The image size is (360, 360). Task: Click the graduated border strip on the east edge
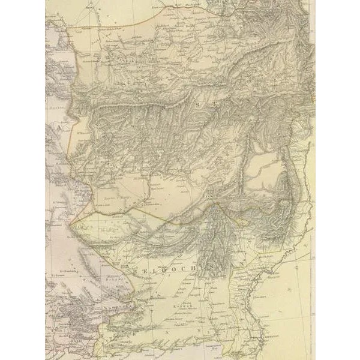pyautogui.click(x=313, y=180)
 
